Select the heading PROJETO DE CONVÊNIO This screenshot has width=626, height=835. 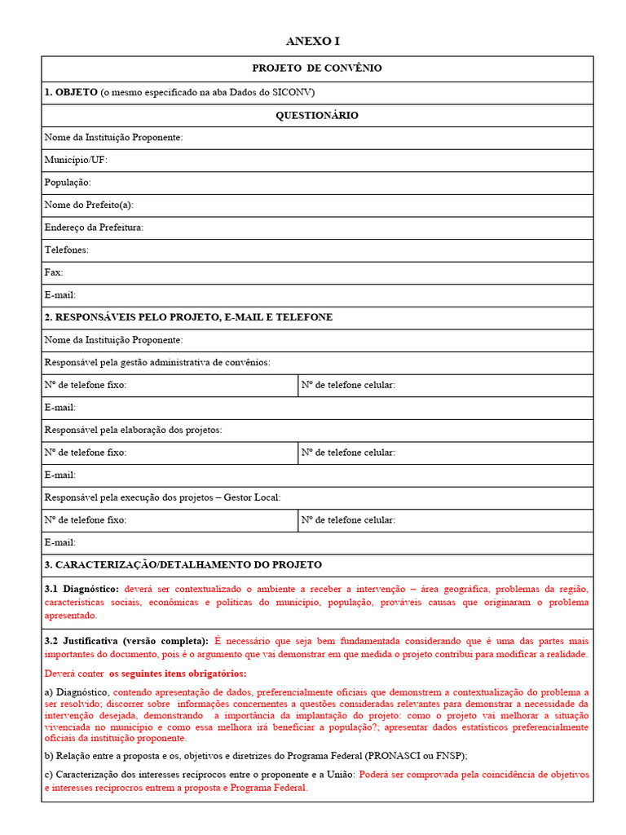[317, 68]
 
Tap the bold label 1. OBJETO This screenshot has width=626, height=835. [71, 92]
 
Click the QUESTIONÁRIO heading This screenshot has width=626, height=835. [317, 116]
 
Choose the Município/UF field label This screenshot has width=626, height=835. [76, 161]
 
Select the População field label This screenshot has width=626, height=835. [68, 183]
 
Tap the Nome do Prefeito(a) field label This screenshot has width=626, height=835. [89, 205]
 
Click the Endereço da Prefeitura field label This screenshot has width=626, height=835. [94, 228]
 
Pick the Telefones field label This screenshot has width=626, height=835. [67, 250]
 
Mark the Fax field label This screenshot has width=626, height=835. [54, 272]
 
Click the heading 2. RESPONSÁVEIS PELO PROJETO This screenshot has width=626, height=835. [188, 317]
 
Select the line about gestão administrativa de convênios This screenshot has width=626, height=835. [157, 362]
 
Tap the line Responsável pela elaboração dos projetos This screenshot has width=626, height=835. [133, 430]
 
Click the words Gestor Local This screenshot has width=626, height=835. [254, 497]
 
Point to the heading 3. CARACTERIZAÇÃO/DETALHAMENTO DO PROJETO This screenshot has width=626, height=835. [183, 564]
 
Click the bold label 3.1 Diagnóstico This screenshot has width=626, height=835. [82, 589]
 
